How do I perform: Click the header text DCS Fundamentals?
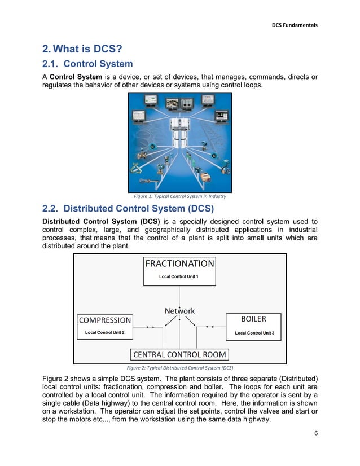(x=295, y=25)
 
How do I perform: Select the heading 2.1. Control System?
(x=87, y=64)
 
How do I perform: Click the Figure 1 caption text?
(x=179, y=196)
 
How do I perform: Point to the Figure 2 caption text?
(x=179, y=367)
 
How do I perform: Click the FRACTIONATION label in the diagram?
(x=179, y=263)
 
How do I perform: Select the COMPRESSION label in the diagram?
(x=105, y=320)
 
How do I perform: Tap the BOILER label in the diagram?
(x=253, y=319)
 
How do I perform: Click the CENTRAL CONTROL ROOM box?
(x=179, y=354)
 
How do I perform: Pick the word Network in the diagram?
(x=179, y=311)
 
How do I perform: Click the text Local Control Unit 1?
(x=179, y=276)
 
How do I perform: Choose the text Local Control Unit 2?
(x=105, y=332)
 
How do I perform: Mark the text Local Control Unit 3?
(x=254, y=333)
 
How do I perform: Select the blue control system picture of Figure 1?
(x=179, y=142)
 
